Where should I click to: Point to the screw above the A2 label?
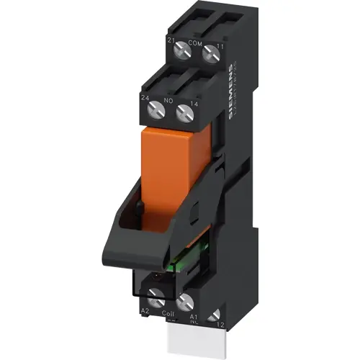click(154, 294)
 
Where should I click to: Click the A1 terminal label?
click(192, 315)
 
